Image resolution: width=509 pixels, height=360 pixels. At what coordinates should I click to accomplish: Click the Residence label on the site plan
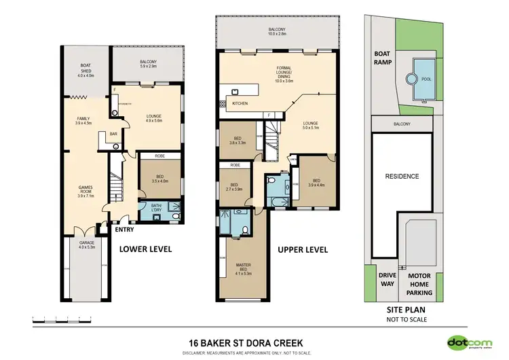coord(402,176)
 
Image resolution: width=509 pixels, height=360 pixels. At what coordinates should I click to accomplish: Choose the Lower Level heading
coord(145,249)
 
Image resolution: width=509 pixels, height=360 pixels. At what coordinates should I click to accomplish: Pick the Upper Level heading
coord(303,249)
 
